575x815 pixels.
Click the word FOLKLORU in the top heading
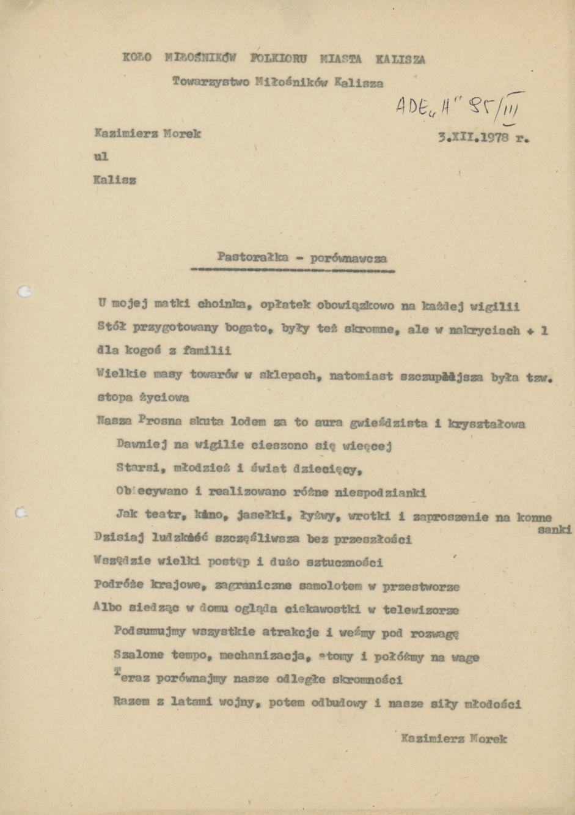click(279, 59)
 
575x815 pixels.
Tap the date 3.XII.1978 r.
click(483, 138)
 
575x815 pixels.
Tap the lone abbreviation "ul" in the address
click(101, 157)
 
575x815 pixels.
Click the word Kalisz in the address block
click(115, 180)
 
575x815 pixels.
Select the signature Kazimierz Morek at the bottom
click(454, 739)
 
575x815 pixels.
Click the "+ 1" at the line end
click(538, 330)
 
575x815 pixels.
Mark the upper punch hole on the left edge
click(25, 292)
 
